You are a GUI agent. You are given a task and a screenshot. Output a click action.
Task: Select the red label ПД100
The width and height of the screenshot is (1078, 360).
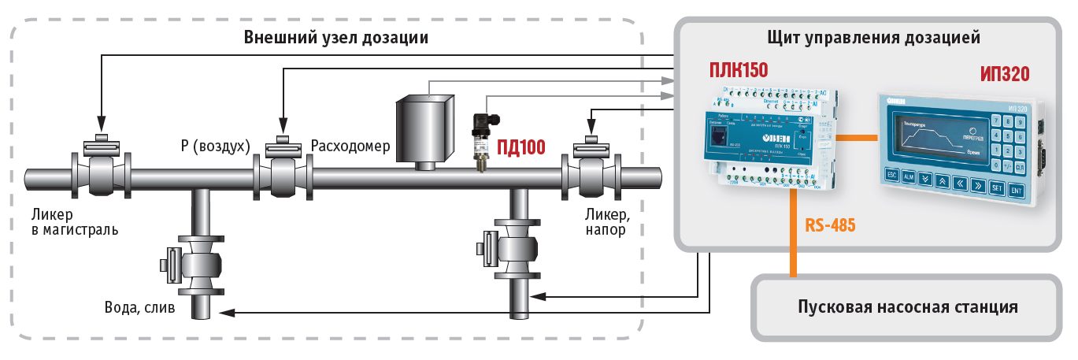520,147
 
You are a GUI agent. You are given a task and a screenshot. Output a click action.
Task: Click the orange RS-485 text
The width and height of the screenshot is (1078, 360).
830,225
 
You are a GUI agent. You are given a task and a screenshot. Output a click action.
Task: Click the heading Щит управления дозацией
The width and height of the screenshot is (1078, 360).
872,37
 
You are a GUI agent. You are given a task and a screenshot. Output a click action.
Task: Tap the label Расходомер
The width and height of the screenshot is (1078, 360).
350,147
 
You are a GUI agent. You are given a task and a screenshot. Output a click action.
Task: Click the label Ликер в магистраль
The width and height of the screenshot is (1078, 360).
75,221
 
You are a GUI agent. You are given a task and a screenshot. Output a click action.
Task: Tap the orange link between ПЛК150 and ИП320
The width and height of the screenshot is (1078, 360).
855,138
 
